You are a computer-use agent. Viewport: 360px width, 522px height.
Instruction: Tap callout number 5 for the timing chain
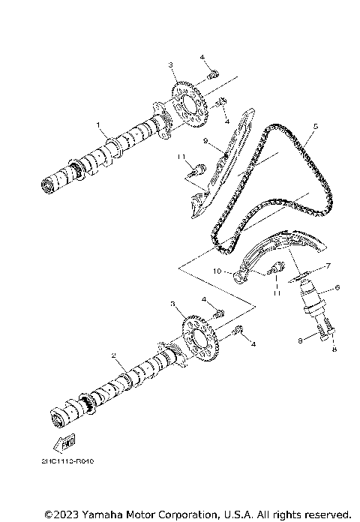tap(316, 127)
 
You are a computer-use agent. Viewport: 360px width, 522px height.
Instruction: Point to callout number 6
tap(337, 287)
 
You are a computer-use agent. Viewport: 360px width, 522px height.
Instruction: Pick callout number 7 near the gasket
tap(327, 266)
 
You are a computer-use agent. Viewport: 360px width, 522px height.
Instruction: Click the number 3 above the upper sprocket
tap(172, 65)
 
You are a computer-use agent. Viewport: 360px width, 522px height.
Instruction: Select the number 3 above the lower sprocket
tap(173, 305)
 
